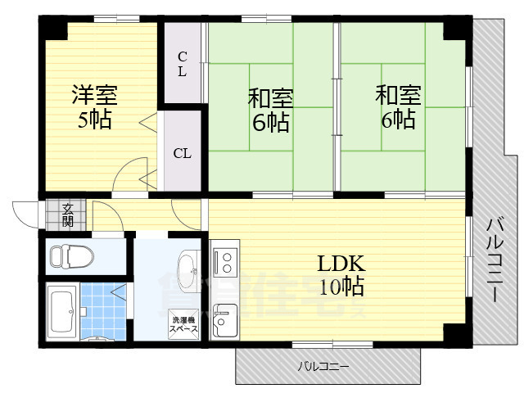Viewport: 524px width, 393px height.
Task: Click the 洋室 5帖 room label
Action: click(97, 107)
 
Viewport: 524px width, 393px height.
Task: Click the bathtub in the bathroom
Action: click(61, 312)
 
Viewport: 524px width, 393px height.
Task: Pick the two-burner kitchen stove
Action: click(224, 261)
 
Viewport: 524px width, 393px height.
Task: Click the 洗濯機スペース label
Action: click(183, 323)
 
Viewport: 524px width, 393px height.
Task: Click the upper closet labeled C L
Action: click(183, 64)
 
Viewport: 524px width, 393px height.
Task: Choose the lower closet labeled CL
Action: click(183, 152)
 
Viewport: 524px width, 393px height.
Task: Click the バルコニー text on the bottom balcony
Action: click(323, 366)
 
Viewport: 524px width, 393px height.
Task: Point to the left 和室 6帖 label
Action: click(269, 111)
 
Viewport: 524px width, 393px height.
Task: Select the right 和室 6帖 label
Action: click(398, 107)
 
